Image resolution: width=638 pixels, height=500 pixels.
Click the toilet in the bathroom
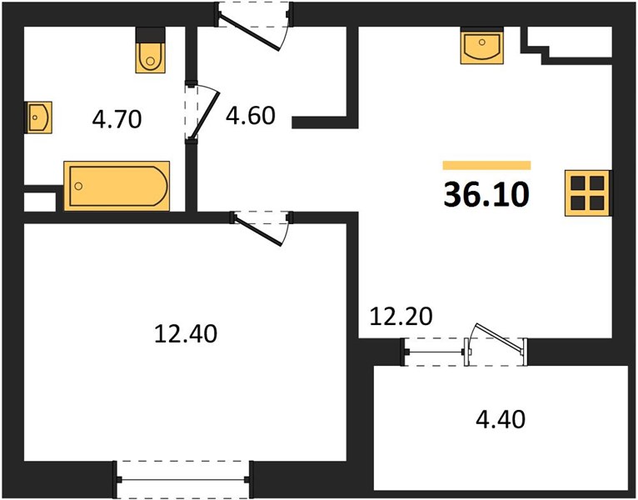pos(150,50)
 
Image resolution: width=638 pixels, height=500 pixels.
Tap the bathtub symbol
pos(117,186)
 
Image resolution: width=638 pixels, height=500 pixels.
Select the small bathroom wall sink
pos(39,117)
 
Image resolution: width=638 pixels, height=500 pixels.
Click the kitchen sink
pos(481,46)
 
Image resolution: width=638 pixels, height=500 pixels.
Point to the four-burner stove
pos(587,192)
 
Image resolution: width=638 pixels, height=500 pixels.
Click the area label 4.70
pos(117,119)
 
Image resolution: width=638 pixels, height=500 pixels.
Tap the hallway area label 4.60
pos(251,116)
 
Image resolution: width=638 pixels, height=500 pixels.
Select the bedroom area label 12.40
pos(186,334)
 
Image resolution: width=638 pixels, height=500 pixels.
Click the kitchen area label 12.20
pos(401,317)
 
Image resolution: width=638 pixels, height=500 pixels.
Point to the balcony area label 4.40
pos(501,419)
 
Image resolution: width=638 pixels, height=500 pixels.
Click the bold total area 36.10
pos(486,195)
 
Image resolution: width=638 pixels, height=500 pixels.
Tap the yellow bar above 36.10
pos(486,165)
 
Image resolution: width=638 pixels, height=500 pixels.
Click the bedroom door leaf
pos(257,231)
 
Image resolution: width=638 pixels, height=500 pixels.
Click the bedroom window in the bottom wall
pos(183,480)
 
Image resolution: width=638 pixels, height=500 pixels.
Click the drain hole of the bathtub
pos(79,186)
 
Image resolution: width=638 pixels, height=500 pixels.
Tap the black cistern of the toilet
pos(150,35)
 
